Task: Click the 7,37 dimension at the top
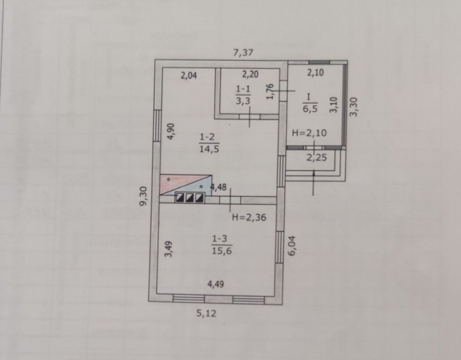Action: (243, 53)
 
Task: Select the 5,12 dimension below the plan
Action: (206, 313)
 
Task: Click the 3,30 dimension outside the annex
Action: (354, 106)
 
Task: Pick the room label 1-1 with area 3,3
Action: (243, 94)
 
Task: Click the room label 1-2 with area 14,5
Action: (209, 143)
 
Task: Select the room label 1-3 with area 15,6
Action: (222, 245)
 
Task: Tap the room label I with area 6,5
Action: (310, 103)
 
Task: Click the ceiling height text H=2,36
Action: (249, 217)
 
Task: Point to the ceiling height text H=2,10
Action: (309, 133)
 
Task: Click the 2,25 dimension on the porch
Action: (316, 158)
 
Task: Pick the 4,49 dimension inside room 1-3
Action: (216, 284)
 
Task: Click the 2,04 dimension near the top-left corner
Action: (189, 76)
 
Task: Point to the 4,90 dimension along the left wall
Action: (171, 131)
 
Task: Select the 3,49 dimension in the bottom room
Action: (168, 249)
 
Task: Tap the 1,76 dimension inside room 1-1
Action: (270, 91)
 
